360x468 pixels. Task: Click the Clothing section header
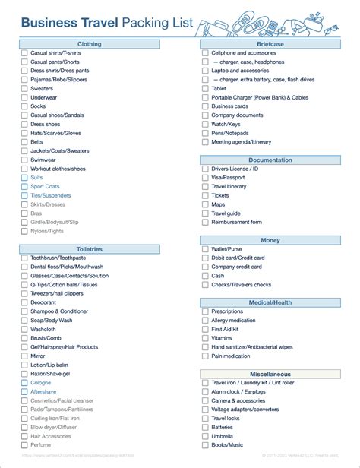89,44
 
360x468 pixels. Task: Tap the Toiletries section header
89,249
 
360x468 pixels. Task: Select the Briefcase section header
270,44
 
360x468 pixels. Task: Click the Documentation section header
270,160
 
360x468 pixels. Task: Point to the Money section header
270,240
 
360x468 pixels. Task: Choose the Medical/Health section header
270,302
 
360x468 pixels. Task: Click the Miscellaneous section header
270,374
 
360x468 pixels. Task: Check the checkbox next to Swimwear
24,160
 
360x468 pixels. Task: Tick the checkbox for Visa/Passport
205,178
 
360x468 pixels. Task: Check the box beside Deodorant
24,302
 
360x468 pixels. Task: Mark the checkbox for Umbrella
205,436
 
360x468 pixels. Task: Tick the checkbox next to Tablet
205,88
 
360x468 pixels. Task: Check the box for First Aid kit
205,329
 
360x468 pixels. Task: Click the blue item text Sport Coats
45,187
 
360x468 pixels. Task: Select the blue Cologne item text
41,383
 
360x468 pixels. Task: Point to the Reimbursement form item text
236,223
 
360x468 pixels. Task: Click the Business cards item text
230,106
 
